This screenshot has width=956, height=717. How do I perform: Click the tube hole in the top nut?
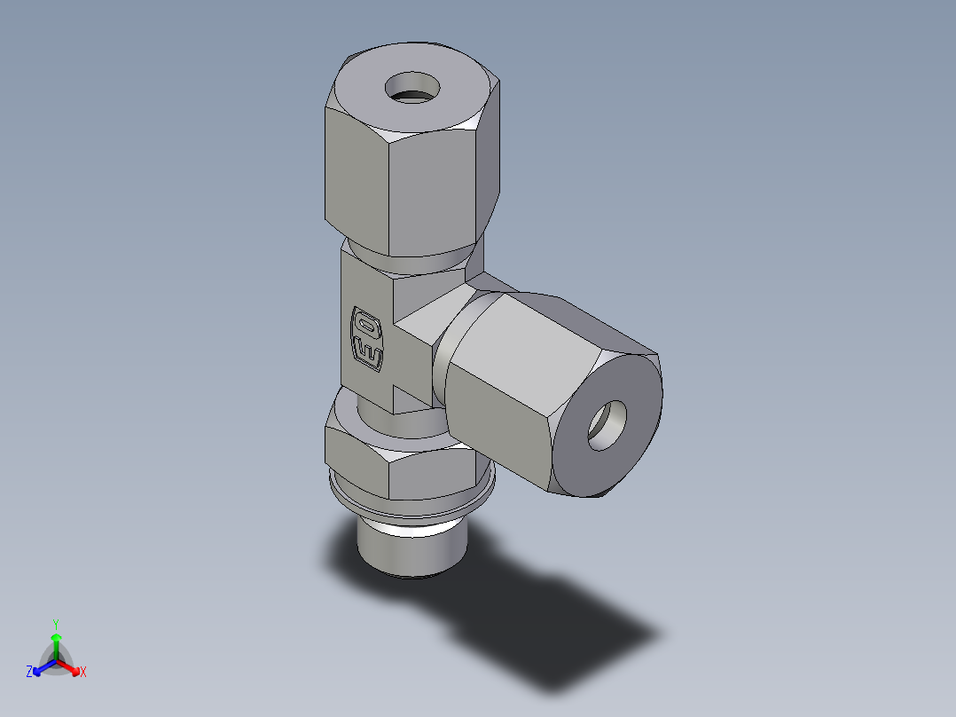pyautogui.click(x=412, y=87)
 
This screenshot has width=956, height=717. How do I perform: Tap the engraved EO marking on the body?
pyautogui.click(x=367, y=339)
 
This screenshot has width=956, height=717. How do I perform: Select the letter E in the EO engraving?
pyautogui.click(x=369, y=354)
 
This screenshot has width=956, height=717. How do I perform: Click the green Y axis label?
pyautogui.click(x=55, y=624)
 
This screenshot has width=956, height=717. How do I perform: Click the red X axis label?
pyautogui.click(x=83, y=673)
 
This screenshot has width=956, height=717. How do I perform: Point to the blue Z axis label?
pyautogui.click(x=29, y=673)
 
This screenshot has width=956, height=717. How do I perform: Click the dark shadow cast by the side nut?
pyautogui.click(x=568, y=639)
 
